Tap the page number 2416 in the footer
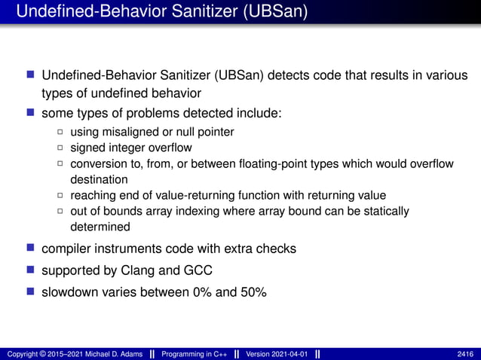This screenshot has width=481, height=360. (465, 353)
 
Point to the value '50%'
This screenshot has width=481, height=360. (252, 291)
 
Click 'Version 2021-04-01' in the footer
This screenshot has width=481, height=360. (276, 353)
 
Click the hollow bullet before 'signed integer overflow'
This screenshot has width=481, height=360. (61, 148)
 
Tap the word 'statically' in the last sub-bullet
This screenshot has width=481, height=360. (384, 211)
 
